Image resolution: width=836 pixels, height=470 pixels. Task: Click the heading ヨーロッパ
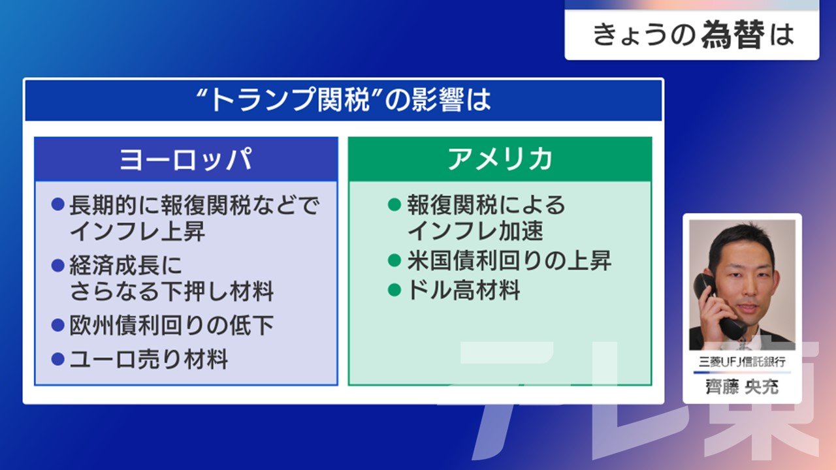pyautogui.click(x=185, y=160)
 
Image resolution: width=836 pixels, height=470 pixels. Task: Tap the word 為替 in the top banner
pyautogui.click(x=733, y=35)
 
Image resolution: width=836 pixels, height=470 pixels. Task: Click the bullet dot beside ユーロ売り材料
pyautogui.click(x=58, y=359)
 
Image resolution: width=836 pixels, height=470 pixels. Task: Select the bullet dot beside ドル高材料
pyautogui.click(x=394, y=290)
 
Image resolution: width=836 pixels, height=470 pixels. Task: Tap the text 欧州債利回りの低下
pyautogui.click(x=172, y=325)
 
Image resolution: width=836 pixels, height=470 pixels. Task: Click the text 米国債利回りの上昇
pyautogui.click(x=509, y=260)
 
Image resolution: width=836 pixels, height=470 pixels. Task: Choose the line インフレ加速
pyautogui.click(x=475, y=230)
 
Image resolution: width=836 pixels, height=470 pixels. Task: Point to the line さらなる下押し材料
pyautogui.click(x=172, y=291)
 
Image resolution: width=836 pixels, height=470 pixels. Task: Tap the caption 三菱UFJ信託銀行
pyautogui.click(x=742, y=362)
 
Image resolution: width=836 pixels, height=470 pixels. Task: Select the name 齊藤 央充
pyautogui.click(x=742, y=386)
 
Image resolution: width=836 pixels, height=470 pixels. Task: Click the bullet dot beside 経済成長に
pyautogui.click(x=58, y=266)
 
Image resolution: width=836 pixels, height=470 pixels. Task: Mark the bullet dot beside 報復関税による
pyautogui.click(x=394, y=204)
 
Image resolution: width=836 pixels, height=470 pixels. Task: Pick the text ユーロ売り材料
pyautogui.click(x=149, y=359)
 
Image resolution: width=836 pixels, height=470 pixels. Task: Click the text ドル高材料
pyautogui.click(x=464, y=290)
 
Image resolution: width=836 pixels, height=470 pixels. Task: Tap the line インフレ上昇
pyautogui.click(x=137, y=231)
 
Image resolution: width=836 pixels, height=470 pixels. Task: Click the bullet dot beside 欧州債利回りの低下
pyautogui.click(x=58, y=325)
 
